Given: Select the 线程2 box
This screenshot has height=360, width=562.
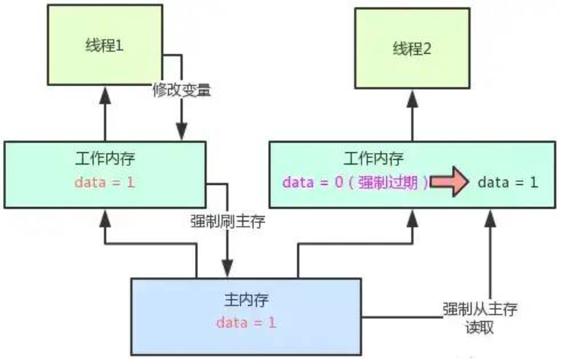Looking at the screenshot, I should pos(412,51).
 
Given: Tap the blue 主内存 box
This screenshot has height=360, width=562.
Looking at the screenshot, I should pos(247,314).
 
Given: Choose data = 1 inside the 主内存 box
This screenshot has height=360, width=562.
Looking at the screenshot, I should pos(246,323).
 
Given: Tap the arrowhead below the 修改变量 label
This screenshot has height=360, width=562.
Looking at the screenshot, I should pos(182,132).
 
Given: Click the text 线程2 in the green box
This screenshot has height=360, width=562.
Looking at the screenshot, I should pos(412,50).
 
